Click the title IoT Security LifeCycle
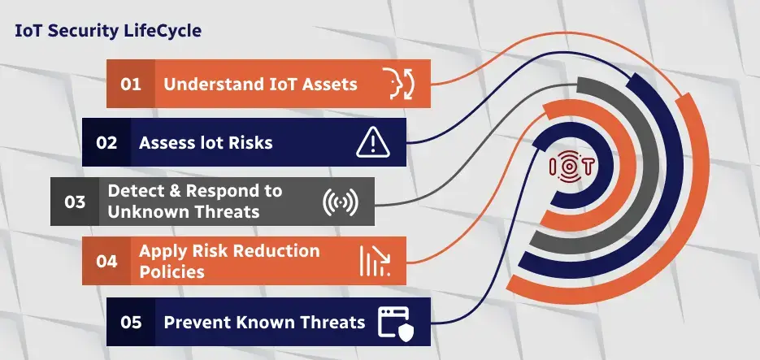tap(108, 31)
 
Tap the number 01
tap(131, 84)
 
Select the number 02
tap(106, 143)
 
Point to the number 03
tap(75, 202)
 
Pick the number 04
tap(106, 261)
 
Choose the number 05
tap(131, 322)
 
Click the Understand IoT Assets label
tap(260, 84)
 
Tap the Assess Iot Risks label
tap(206, 143)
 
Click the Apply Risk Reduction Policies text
tap(229, 261)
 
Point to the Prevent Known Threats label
tap(264, 322)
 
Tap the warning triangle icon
tap(373, 143)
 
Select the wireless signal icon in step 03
tap(340, 202)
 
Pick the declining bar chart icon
tap(373, 261)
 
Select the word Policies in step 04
tap(172, 271)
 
